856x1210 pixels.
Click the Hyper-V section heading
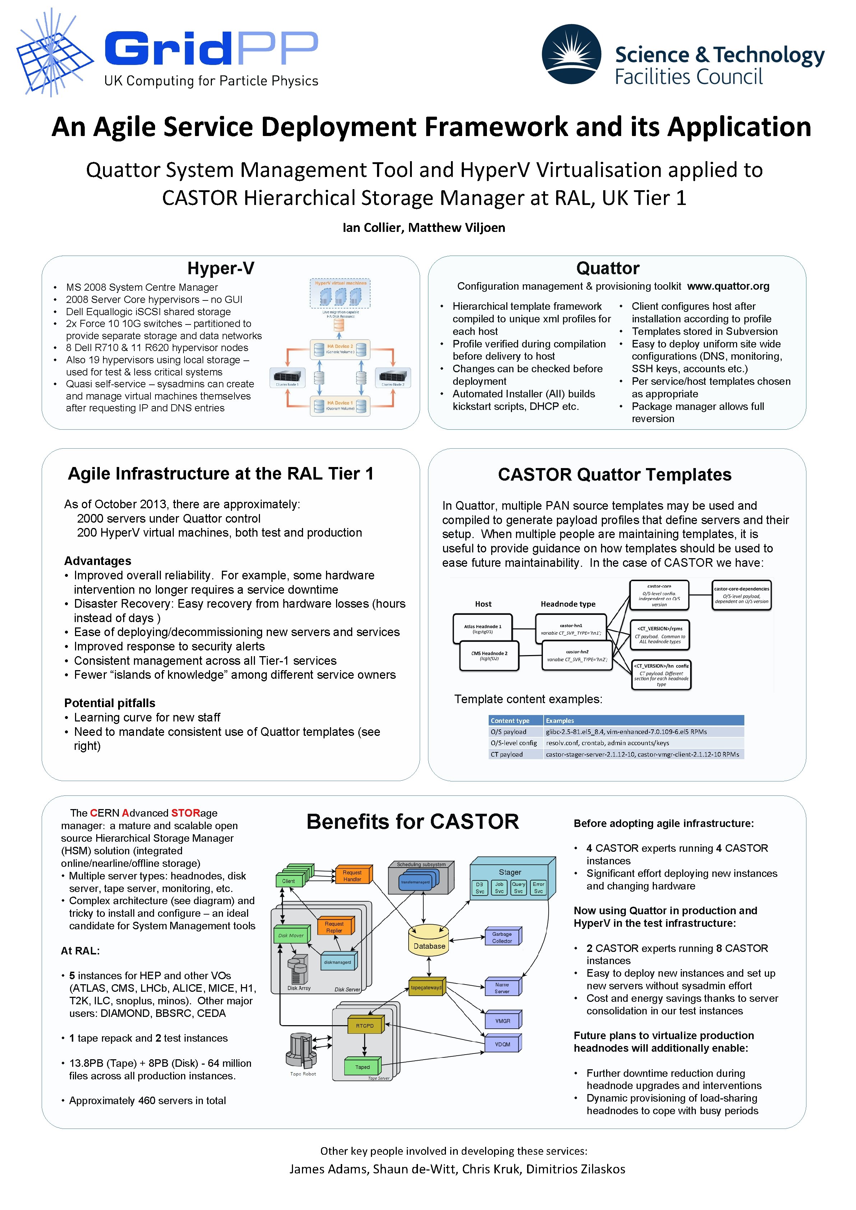(220, 268)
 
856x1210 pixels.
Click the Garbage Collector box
(502, 937)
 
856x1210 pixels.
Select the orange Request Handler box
(352, 875)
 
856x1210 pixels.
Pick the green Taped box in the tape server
(362, 1067)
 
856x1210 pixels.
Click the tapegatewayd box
(426, 987)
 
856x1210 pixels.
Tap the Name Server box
(502, 987)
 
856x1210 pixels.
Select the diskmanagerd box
(338, 962)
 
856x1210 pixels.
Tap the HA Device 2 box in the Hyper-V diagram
(340, 349)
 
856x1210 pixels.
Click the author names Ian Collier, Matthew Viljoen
(424, 228)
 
